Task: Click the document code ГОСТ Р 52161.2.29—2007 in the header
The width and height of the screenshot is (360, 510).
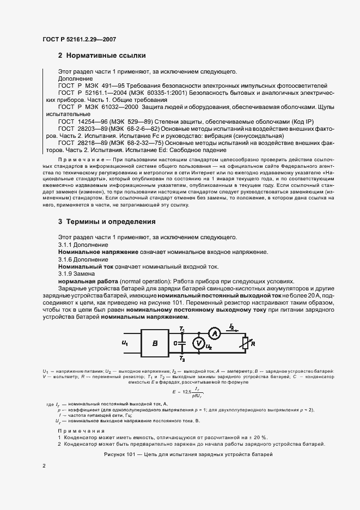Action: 79,39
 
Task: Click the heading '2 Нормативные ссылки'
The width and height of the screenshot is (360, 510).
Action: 101,56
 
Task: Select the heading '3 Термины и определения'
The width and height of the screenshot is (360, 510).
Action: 107,222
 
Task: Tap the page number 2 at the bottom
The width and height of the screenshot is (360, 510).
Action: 44,465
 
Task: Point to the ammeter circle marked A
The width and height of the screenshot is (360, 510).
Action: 215,332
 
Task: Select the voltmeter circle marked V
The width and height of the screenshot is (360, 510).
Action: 199,343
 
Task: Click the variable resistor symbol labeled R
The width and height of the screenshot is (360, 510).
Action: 245,344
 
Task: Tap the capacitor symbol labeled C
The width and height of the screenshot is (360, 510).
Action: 182,344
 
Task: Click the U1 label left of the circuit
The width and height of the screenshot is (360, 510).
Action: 125,344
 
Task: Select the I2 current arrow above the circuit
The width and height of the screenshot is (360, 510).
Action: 233,326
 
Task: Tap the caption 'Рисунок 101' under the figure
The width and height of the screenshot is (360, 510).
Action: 187,454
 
